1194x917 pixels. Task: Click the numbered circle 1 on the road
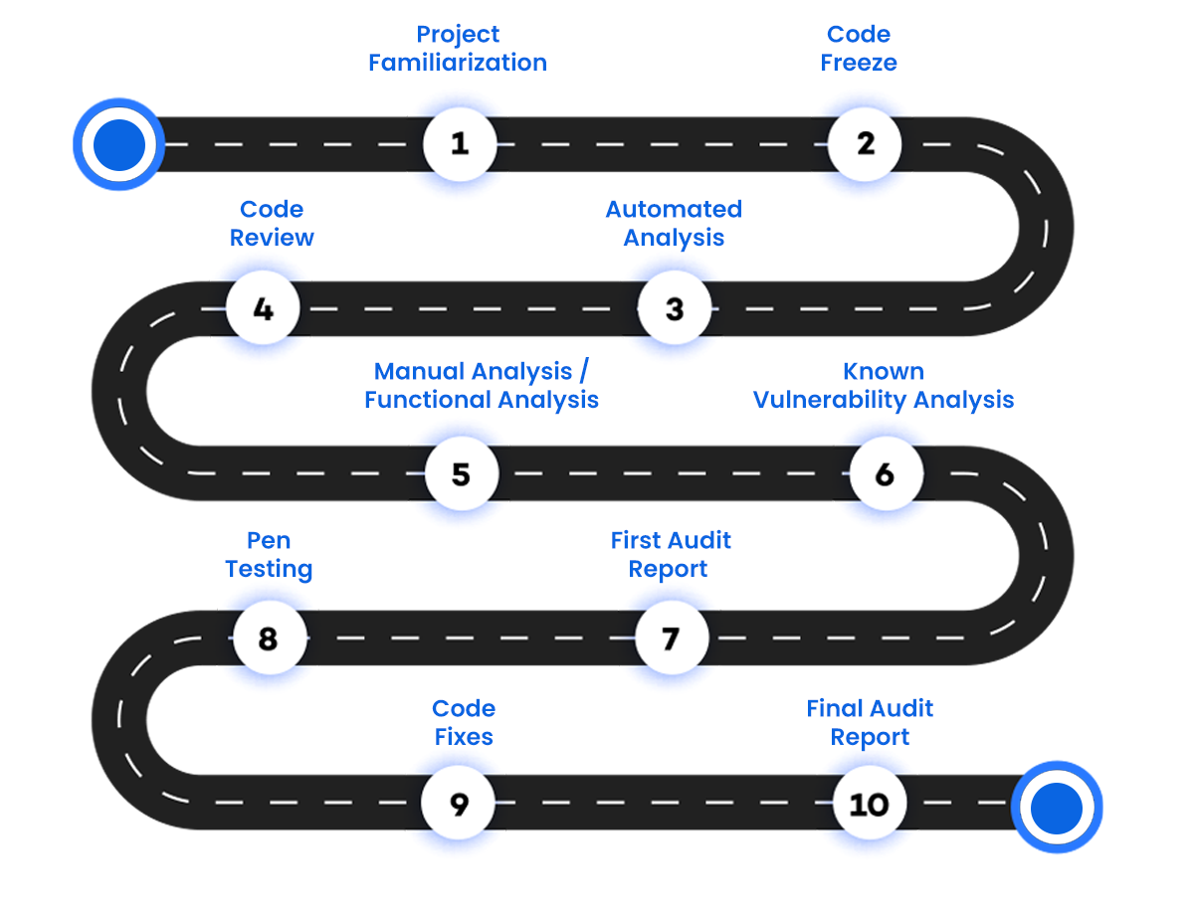pyautogui.click(x=459, y=144)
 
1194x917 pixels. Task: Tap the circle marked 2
pyautogui.click(x=866, y=144)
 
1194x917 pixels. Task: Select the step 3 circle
pyautogui.click(x=675, y=308)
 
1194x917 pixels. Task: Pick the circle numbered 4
pyautogui.click(x=263, y=308)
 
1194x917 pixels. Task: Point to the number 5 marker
pyautogui.click(x=461, y=473)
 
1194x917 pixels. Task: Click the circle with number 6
pyautogui.click(x=885, y=473)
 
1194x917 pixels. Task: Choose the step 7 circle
pyautogui.click(x=672, y=638)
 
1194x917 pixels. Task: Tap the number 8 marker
pyautogui.click(x=268, y=638)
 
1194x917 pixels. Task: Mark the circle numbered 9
pyautogui.click(x=459, y=803)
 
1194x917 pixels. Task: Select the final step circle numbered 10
pyautogui.click(x=869, y=803)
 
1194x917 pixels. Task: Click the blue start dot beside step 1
pyautogui.click(x=118, y=144)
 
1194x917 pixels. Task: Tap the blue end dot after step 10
pyautogui.click(x=1057, y=807)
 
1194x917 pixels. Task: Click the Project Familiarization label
pyautogui.click(x=458, y=49)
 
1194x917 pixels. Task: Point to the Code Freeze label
pyautogui.click(x=859, y=49)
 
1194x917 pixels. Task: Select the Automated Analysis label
pyautogui.click(x=674, y=224)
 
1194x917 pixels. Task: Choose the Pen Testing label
pyautogui.click(x=269, y=555)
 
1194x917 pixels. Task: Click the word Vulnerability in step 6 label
pyautogui.click(x=826, y=400)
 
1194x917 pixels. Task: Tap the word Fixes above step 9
pyautogui.click(x=464, y=737)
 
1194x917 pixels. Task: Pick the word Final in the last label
pyautogui.click(x=834, y=708)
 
